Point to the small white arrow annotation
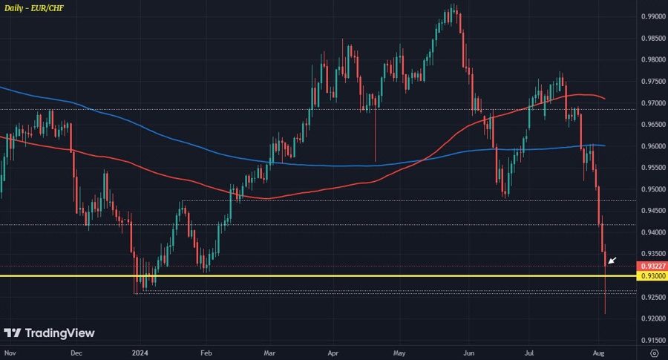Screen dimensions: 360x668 pyautogui.click(x=612, y=260)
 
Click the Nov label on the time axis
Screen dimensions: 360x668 pyautogui.click(x=10, y=353)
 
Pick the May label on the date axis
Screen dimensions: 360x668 pyautogui.click(x=400, y=353)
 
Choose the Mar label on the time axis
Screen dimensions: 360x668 pyautogui.click(x=271, y=353)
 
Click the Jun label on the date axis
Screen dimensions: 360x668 pyautogui.click(x=468, y=353)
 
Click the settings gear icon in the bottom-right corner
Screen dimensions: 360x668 pyautogui.click(x=654, y=353)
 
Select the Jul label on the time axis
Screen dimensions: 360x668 pyautogui.click(x=530, y=353)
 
